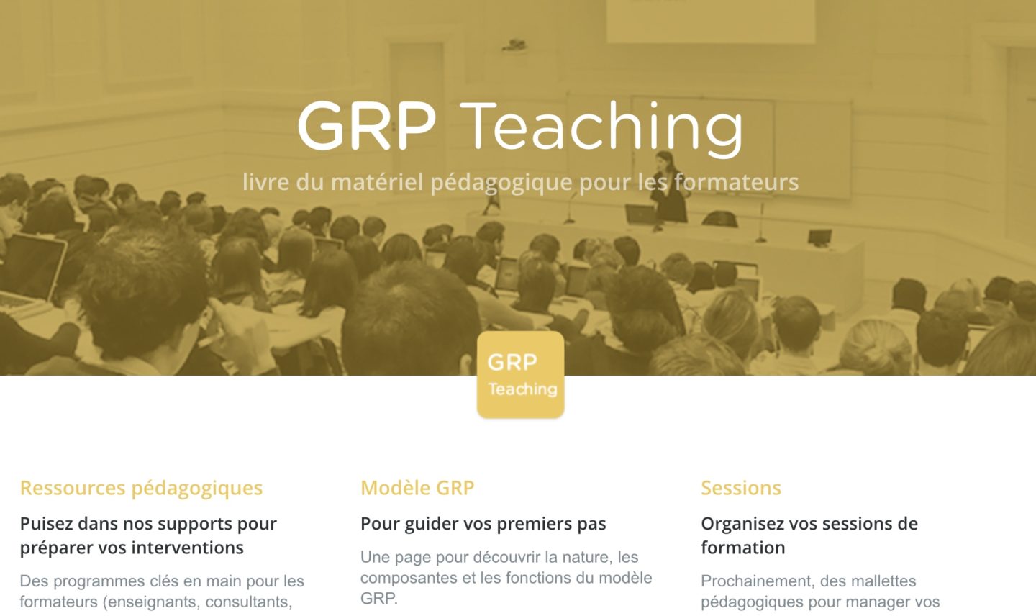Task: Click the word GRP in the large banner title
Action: (366, 127)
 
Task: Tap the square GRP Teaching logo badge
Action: (520, 374)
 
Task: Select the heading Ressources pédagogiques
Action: (141, 488)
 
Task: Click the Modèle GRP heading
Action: (417, 488)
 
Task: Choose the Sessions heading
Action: (740, 488)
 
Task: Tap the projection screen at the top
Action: (710, 20)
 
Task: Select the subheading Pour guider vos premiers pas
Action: (483, 524)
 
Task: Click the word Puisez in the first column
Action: (46, 524)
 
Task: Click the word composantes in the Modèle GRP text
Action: (409, 578)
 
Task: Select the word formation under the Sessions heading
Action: (742, 548)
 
